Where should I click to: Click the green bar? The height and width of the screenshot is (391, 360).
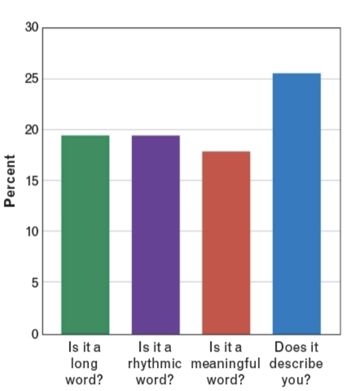(x=85, y=235)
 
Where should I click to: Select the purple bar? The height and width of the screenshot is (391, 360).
(x=156, y=235)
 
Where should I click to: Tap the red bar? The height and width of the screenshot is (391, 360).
(x=226, y=243)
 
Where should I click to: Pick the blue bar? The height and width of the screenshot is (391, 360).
(x=296, y=204)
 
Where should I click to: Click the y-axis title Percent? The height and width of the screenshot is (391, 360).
(x=9, y=181)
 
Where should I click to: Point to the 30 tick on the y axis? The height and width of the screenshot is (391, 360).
(x=31, y=27)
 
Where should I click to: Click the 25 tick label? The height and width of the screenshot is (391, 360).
(x=31, y=79)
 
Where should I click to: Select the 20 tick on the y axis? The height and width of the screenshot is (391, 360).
(x=31, y=130)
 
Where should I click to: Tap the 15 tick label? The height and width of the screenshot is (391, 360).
(x=31, y=181)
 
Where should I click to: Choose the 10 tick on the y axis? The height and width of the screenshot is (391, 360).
(x=31, y=231)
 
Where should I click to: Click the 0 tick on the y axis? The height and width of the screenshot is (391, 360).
(x=34, y=334)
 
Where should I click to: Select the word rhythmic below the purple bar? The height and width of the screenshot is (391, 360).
(x=155, y=364)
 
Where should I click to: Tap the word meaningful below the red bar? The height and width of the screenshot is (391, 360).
(x=225, y=364)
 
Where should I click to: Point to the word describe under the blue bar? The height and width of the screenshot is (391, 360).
(x=296, y=364)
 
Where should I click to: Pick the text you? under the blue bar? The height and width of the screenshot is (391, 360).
(x=296, y=380)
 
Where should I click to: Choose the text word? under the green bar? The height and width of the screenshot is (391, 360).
(x=85, y=380)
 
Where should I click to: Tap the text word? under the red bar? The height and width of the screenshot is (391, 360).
(x=225, y=380)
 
